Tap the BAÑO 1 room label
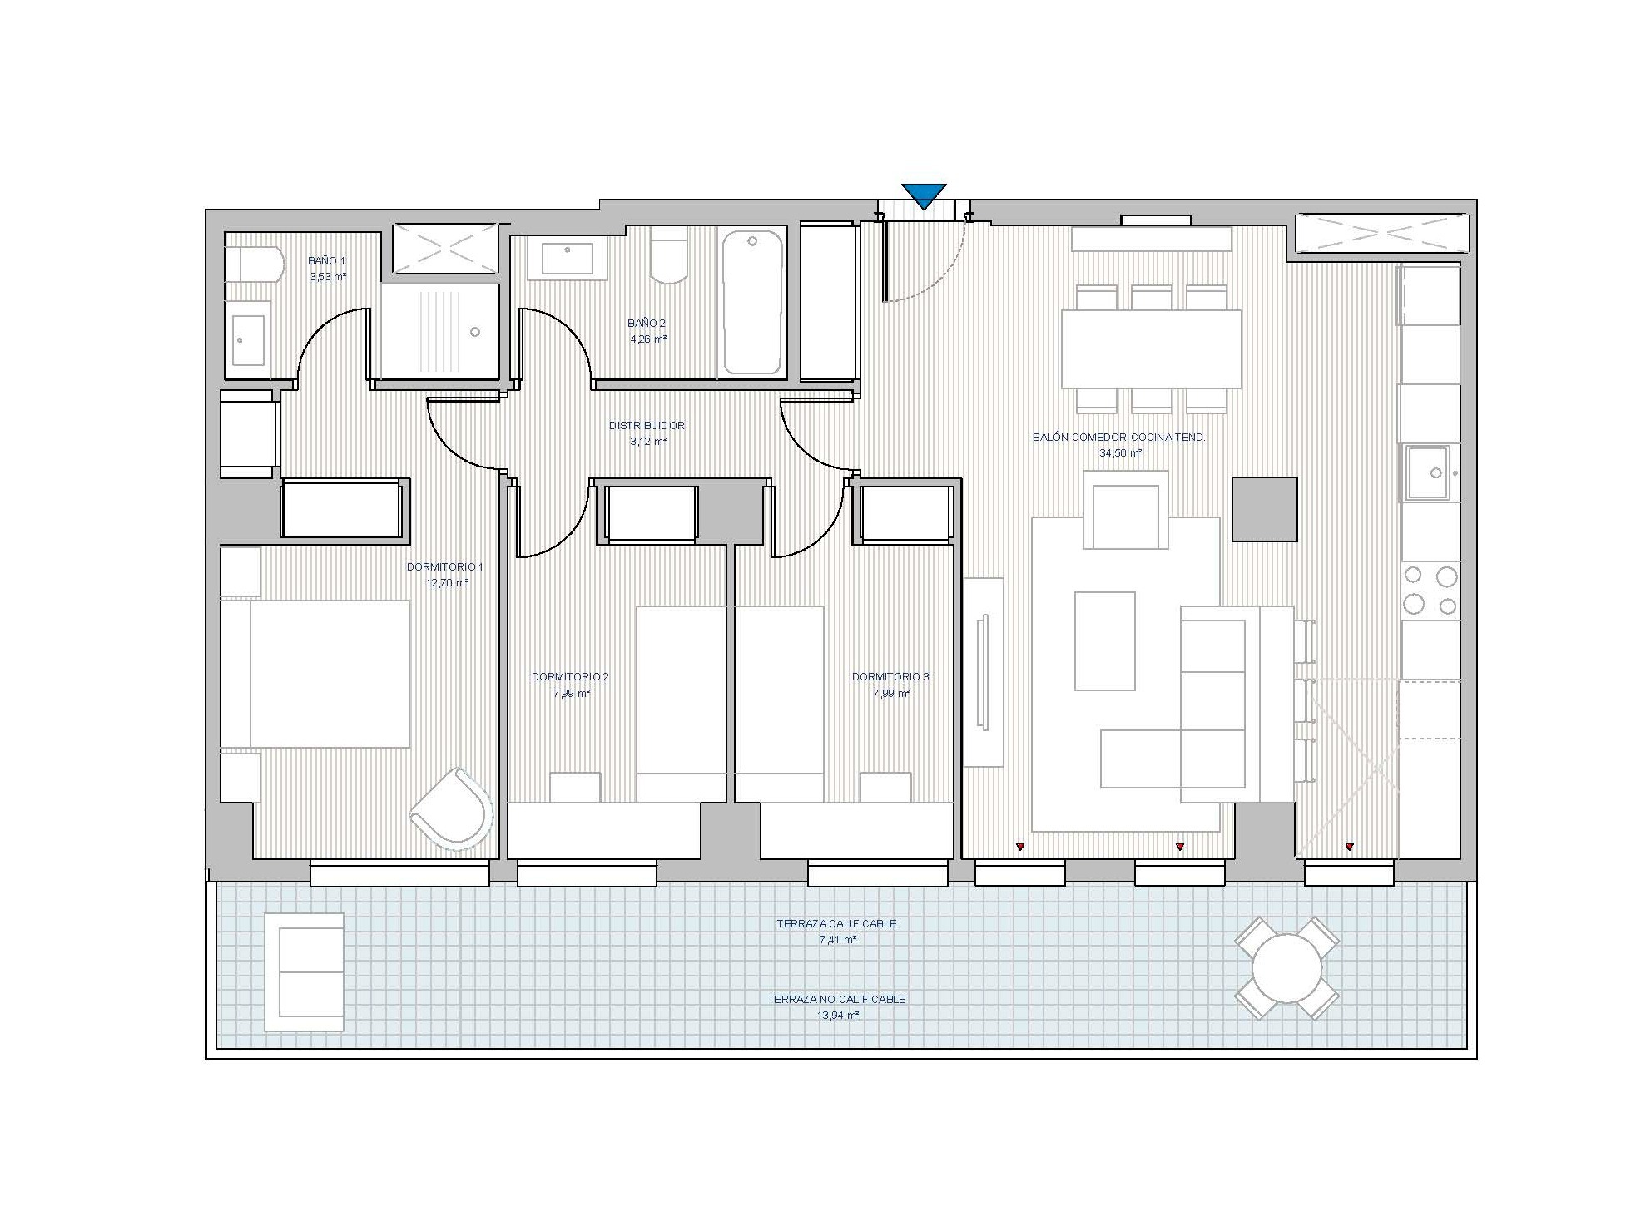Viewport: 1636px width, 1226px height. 326,261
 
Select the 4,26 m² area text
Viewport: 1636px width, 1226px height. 648,339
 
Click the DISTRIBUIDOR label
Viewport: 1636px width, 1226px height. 647,426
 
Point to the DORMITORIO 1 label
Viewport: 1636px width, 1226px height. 444,567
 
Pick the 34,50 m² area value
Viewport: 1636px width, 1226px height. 1120,453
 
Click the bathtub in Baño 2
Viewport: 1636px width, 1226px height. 752,302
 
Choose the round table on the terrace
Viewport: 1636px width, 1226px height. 1286,969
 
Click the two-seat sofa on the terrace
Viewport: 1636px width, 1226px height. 304,972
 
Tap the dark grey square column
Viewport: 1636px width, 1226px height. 1264,509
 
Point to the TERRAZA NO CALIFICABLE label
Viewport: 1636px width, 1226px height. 836,1000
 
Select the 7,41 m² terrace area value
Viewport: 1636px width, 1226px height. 837,940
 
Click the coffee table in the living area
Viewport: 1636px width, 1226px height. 1104,640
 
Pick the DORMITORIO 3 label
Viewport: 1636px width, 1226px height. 890,677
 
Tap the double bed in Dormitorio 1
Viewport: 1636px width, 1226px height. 315,674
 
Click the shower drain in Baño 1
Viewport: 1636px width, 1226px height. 475,332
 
